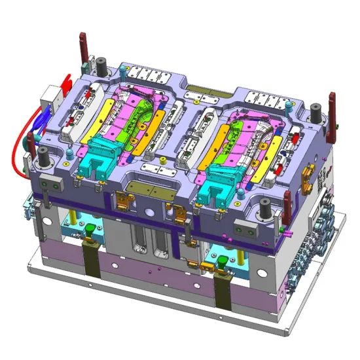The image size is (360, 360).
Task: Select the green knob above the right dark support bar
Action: click(222, 261)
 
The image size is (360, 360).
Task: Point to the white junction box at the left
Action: click(50, 101)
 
